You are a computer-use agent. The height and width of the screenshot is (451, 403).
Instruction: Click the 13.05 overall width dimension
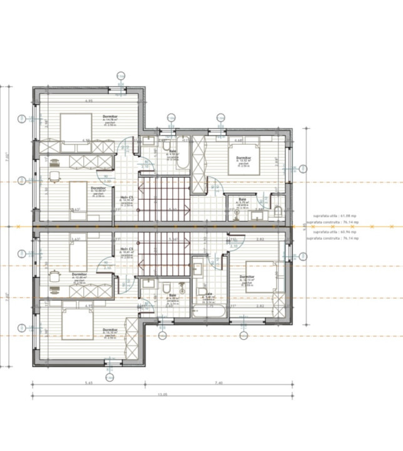pos(163,395)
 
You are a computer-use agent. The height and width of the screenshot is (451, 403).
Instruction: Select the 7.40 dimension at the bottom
pos(218,382)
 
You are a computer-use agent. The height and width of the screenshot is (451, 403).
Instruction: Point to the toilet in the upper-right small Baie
pos(278,209)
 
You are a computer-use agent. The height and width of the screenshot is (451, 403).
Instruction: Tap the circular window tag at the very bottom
pos(109,378)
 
